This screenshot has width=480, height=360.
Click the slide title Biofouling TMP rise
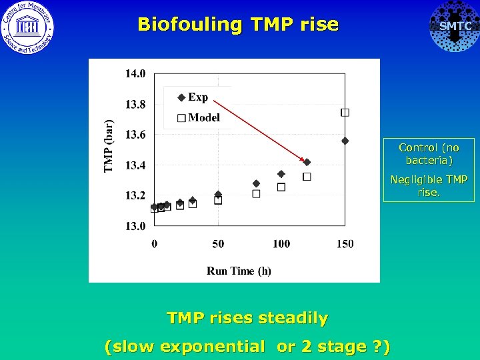pyautogui.click(x=238, y=25)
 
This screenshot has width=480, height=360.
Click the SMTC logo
pyautogui.click(x=455, y=27)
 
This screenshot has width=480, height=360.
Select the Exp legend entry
pyautogui.click(x=193, y=97)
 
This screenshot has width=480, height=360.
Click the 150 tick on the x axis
pyautogui.click(x=345, y=244)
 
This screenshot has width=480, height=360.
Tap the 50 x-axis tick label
pyautogui.click(x=218, y=244)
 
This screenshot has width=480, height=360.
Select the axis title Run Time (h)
pyautogui.click(x=239, y=271)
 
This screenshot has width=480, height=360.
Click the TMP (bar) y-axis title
pyautogui.click(x=109, y=146)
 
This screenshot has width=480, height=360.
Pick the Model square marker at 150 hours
pyautogui.click(x=345, y=113)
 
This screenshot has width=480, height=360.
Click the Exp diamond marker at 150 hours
pyautogui.click(x=345, y=141)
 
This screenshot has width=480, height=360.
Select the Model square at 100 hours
pyautogui.click(x=281, y=187)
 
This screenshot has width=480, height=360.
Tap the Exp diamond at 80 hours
pyautogui.click(x=256, y=183)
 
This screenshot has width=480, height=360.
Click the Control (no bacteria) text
pyautogui.click(x=429, y=154)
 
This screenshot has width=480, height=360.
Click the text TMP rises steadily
pyautogui.click(x=247, y=319)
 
